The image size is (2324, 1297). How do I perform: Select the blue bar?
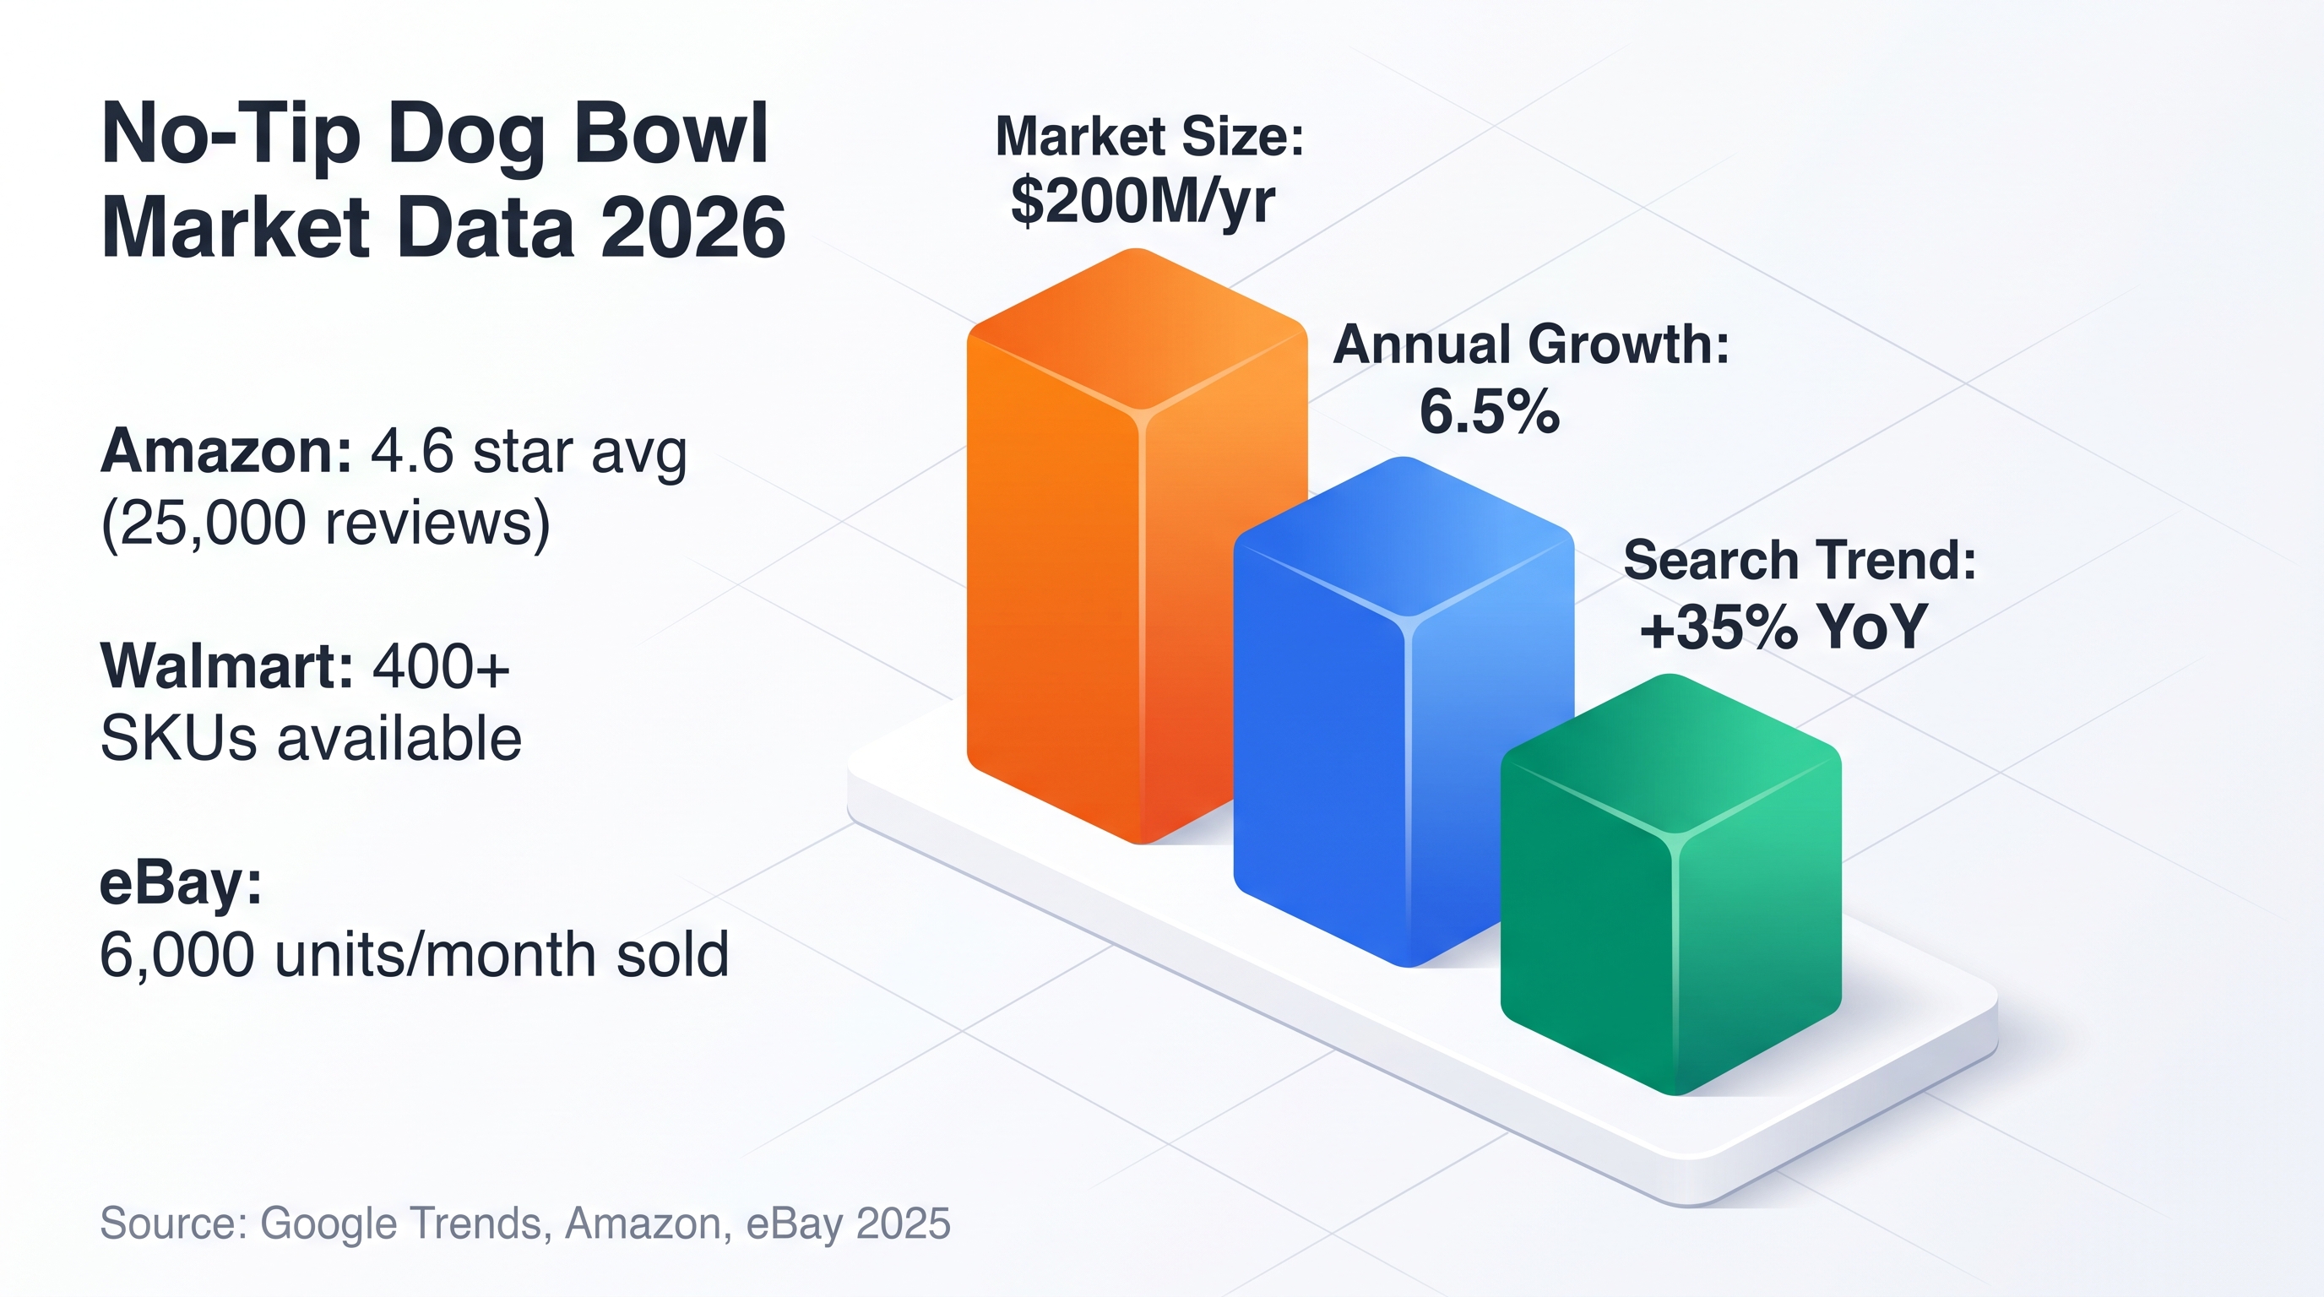click(1403, 713)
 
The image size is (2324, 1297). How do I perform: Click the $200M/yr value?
click(1143, 201)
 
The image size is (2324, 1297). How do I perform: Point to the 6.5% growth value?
click(1490, 411)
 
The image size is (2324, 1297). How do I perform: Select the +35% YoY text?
click(1784, 627)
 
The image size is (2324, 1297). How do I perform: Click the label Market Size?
click(1149, 136)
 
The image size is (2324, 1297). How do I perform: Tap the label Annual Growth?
click(1531, 345)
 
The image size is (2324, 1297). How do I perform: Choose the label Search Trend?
click(1800, 560)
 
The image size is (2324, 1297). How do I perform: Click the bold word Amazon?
click(225, 451)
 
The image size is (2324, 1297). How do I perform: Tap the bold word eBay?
click(181, 883)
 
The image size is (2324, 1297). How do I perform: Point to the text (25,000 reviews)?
click(325, 524)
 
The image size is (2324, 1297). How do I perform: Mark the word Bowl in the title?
click(670, 133)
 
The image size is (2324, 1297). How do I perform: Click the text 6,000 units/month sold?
click(414, 955)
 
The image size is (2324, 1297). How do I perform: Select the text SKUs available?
click(311, 739)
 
